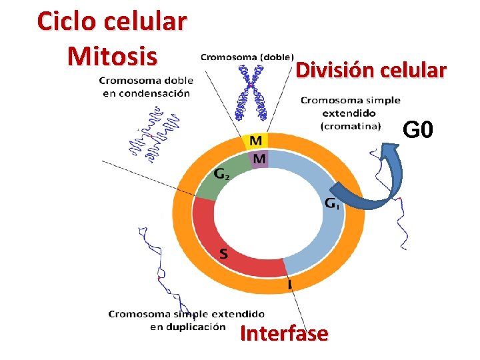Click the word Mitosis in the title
[x=112, y=55]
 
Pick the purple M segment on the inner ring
[x=259, y=159]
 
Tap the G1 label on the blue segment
[x=332, y=203]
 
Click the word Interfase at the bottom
[x=284, y=333]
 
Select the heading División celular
[x=371, y=70]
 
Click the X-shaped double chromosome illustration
[x=251, y=93]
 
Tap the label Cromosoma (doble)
[x=246, y=57]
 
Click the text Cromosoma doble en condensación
[x=146, y=87]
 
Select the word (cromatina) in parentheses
[x=350, y=125]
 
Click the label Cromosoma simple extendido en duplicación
[x=187, y=320]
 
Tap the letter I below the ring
[x=289, y=285]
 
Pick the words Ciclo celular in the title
[x=112, y=21]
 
